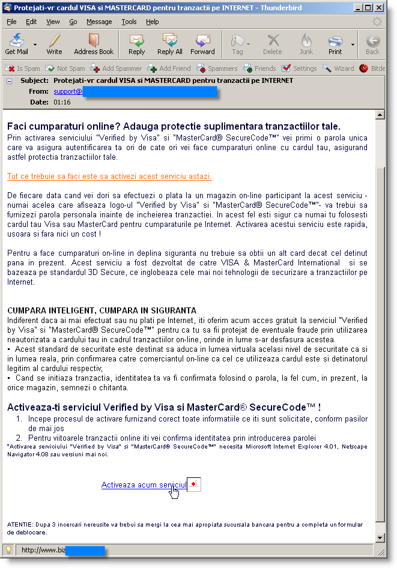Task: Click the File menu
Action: coord(11,22)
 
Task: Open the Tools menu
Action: coord(129,22)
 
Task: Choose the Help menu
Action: coord(153,22)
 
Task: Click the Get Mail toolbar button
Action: coord(17,44)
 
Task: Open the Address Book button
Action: coord(94,44)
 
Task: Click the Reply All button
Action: coord(170,44)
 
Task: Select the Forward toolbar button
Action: coord(202,44)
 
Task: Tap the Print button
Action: coord(335,44)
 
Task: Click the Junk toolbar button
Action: coord(306,44)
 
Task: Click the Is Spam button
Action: coord(23,68)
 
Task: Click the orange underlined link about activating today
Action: coord(109,177)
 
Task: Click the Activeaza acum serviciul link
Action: coord(144,485)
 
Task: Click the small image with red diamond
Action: coord(193,484)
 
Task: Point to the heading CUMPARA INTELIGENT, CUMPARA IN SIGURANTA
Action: coord(102,310)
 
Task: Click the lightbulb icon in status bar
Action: coord(9,549)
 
